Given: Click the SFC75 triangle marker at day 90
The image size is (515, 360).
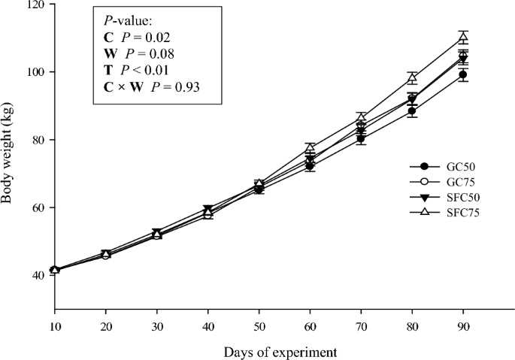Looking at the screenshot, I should point(463,37).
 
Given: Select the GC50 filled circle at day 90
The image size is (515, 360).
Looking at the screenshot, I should point(463,74).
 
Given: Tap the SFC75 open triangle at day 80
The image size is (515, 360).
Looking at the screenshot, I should point(412,78).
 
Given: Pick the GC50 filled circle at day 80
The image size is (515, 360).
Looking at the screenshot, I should point(412,111).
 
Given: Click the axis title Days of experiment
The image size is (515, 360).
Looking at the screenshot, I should point(279,351).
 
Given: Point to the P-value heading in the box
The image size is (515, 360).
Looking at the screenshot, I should point(125,20).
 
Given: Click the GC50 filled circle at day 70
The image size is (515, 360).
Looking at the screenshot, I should point(361,138).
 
